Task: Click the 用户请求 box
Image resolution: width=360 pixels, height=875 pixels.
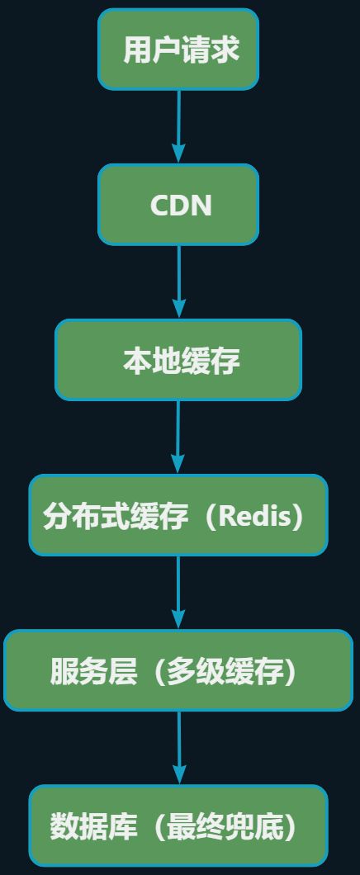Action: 178,50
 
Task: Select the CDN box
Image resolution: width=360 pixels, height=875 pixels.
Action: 178,205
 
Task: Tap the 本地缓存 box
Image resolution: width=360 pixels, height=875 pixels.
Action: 178,360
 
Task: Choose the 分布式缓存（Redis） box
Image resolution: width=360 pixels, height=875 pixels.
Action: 178,515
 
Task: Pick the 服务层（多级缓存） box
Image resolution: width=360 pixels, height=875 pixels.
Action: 178,670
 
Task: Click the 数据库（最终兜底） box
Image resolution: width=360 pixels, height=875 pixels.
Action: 178,825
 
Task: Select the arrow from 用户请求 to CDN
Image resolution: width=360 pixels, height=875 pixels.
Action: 178,124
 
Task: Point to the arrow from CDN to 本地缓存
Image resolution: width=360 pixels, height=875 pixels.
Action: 178,279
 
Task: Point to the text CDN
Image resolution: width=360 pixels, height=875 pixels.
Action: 181,206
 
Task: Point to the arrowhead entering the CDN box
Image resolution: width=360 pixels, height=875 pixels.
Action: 178,154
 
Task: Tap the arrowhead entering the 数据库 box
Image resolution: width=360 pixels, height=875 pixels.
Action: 178,774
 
